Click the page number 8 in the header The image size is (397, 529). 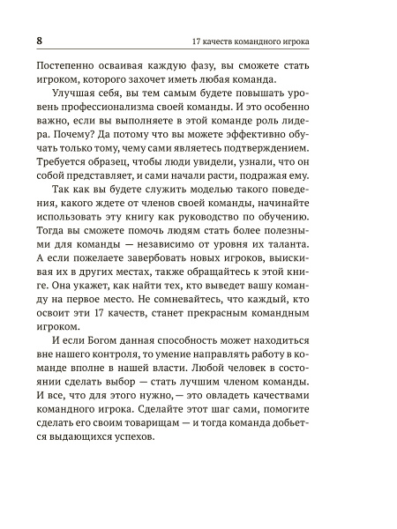[40, 41]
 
